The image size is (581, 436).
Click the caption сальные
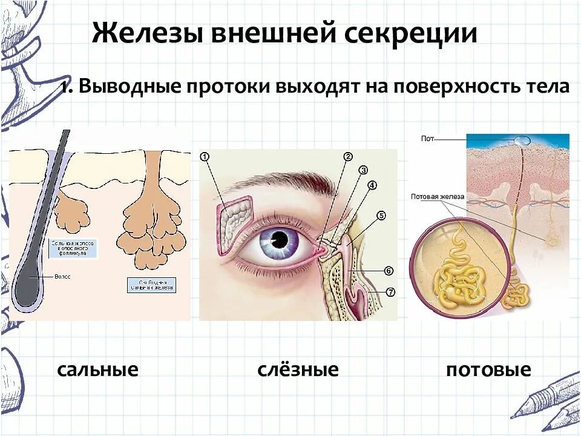coord(98,369)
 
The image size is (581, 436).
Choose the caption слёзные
coord(298,369)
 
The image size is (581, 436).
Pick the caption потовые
coord(488,369)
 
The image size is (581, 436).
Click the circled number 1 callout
coord(205,157)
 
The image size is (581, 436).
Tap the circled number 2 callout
coord(348,157)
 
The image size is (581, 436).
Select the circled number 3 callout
coord(363,170)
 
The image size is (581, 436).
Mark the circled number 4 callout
coord(372,185)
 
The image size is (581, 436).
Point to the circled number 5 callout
coord(381,215)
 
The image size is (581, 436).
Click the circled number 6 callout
coord(389,271)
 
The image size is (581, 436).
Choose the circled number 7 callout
coord(390,292)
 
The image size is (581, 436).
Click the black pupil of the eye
coord(279,240)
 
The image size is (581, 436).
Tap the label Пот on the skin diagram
coord(427,139)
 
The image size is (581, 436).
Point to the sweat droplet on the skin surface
coord(522,140)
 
